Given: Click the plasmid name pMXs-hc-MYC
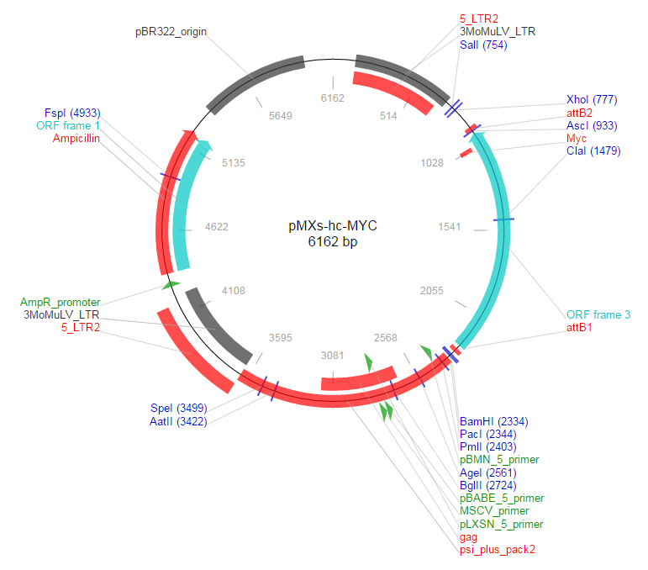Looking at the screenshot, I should click(x=334, y=226).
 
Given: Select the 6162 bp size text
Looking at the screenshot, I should click(x=334, y=242).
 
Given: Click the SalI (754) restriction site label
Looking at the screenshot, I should click(x=483, y=45).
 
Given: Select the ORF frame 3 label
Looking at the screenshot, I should click(x=598, y=314).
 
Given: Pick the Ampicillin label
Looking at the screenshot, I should click(x=76, y=138).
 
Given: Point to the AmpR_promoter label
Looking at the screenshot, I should click(x=61, y=302).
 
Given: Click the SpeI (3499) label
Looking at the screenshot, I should click(x=180, y=409).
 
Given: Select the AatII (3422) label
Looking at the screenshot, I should click(x=180, y=421).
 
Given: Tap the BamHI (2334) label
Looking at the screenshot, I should click(x=494, y=421).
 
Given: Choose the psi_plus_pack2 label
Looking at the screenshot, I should click(x=497, y=550).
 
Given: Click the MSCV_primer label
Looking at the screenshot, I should click(x=494, y=511).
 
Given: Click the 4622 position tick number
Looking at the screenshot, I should click(x=217, y=227).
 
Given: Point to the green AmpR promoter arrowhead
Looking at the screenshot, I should click(x=171, y=285).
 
